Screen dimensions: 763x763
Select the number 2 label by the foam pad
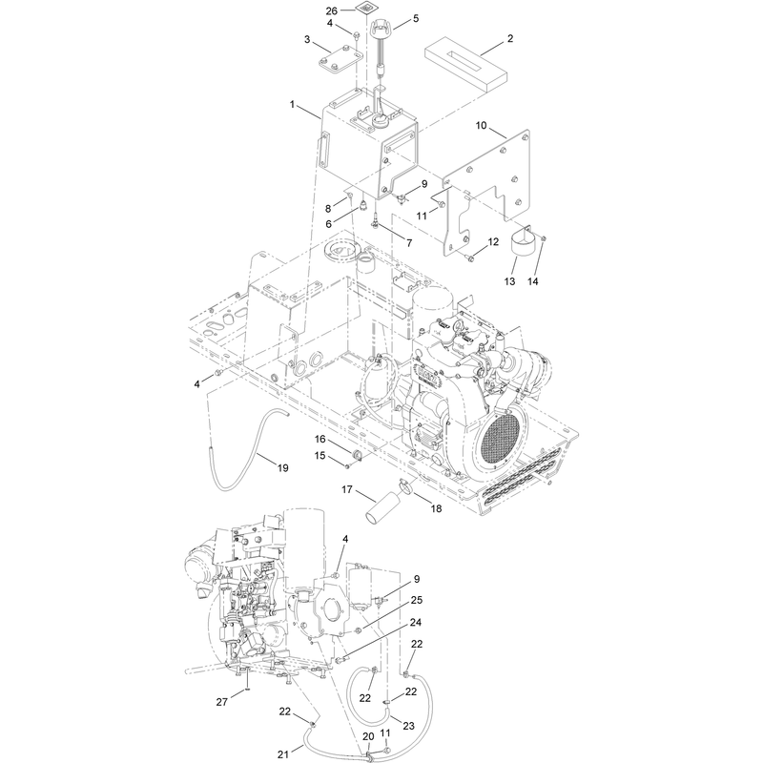coord(510,38)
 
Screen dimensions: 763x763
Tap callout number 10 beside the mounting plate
coord(481,126)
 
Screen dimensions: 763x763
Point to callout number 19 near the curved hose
coord(282,467)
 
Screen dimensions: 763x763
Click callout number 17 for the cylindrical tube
coord(346,489)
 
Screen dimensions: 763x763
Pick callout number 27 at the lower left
coord(222,702)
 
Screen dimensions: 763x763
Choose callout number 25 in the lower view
coord(417,600)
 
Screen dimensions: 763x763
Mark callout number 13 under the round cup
coord(509,281)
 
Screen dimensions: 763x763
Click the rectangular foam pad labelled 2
coord(465,67)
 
